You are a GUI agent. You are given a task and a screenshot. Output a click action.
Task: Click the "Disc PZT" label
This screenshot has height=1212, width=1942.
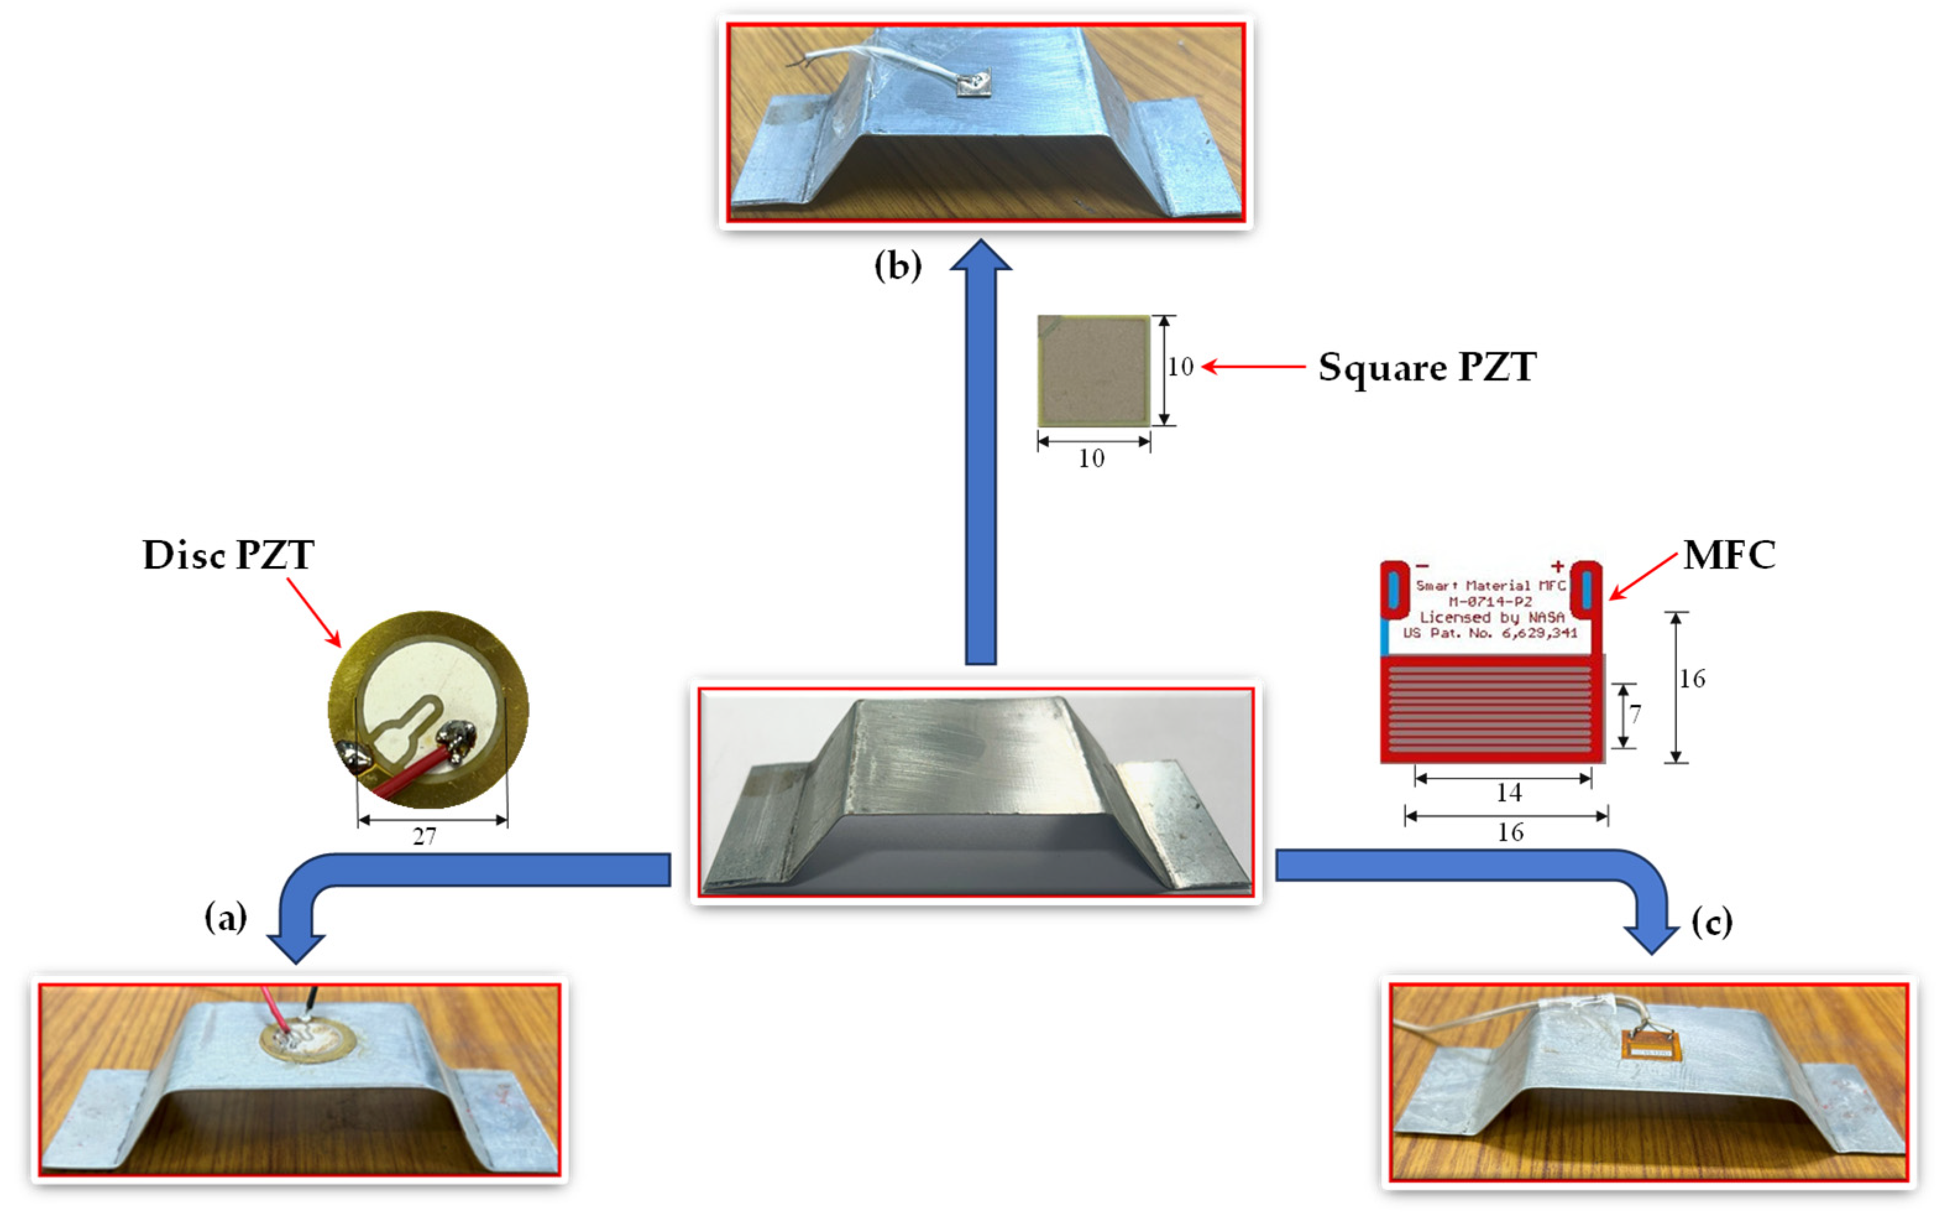tap(229, 554)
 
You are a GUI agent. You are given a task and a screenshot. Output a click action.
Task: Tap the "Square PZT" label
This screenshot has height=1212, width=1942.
tap(1427, 368)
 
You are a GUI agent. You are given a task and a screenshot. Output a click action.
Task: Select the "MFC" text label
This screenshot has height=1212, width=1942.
tap(1729, 554)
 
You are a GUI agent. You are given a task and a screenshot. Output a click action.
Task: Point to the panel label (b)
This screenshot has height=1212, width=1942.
tap(897, 265)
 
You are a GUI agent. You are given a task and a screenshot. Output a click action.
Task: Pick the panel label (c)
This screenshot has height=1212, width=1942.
tap(1712, 923)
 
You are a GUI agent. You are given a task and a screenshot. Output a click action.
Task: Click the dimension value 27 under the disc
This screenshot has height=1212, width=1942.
tap(425, 837)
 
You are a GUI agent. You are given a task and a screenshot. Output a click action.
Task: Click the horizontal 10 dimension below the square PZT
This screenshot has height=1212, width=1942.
tap(1092, 459)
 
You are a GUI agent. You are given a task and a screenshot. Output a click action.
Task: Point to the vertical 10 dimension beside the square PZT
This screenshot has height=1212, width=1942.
tap(1180, 367)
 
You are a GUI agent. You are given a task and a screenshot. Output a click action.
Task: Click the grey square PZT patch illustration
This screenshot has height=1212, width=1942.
tap(1094, 370)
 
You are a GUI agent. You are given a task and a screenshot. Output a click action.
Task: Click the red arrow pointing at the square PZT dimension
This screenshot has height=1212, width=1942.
tap(1253, 367)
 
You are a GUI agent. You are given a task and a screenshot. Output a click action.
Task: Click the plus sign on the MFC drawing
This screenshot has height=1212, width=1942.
tap(1556, 567)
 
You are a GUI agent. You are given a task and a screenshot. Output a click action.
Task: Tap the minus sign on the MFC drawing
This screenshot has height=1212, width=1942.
tap(1423, 567)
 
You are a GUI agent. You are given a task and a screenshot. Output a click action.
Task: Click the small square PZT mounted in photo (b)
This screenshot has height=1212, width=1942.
tap(974, 84)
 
